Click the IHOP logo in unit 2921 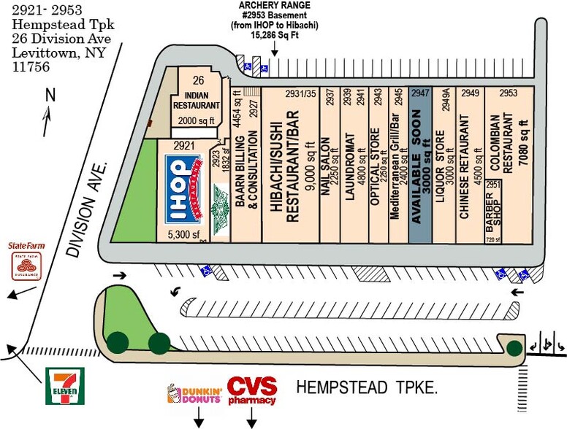click(x=185, y=191)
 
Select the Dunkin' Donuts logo click(x=195, y=394)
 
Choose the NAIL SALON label click(x=326, y=161)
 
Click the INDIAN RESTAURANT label click(x=192, y=100)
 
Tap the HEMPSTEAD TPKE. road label click(x=367, y=387)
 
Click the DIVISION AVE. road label click(x=87, y=209)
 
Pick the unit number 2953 click(x=509, y=93)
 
